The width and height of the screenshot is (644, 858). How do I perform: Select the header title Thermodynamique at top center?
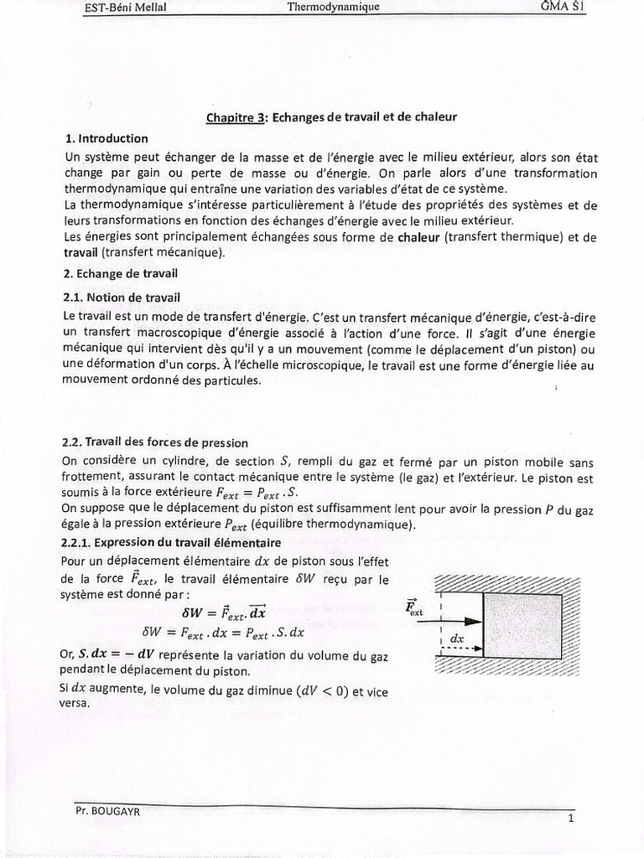pyautogui.click(x=334, y=7)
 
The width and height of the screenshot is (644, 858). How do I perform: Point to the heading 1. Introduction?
pyautogui.click(x=106, y=138)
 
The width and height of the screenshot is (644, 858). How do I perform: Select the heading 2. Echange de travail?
pyautogui.click(x=121, y=273)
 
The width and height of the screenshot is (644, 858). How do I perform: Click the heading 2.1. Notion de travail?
pyautogui.click(x=122, y=297)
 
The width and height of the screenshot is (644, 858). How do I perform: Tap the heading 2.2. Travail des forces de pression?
pyautogui.click(x=155, y=442)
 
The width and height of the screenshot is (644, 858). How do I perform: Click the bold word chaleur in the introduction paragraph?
pyautogui.click(x=419, y=238)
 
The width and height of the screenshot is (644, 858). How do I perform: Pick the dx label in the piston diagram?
pyautogui.click(x=456, y=638)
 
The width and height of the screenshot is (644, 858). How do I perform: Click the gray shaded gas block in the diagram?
pyautogui.click(x=522, y=625)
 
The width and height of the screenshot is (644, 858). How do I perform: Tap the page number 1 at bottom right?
pyautogui.click(x=570, y=819)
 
